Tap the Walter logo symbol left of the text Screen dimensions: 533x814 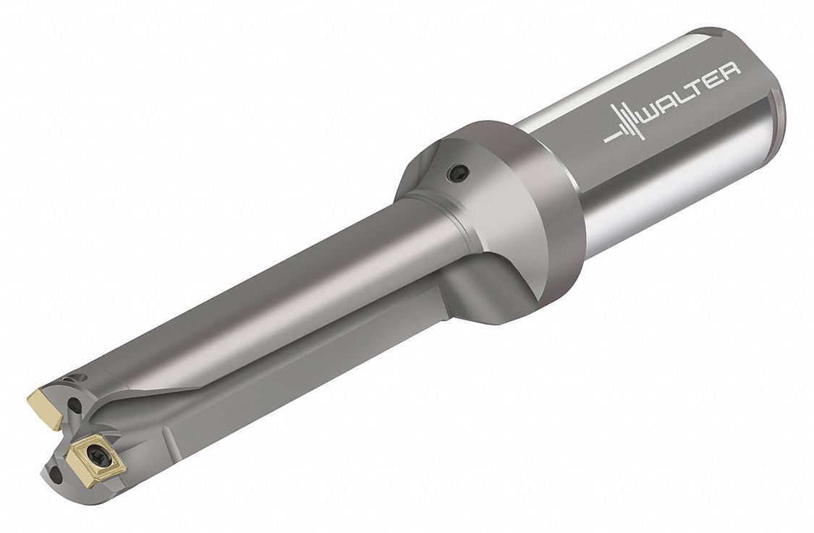pyautogui.click(x=624, y=124)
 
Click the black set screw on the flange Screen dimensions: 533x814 pyautogui.click(x=458, y=173)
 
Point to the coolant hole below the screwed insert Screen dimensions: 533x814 pyautogui.click(x=56, y=474)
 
